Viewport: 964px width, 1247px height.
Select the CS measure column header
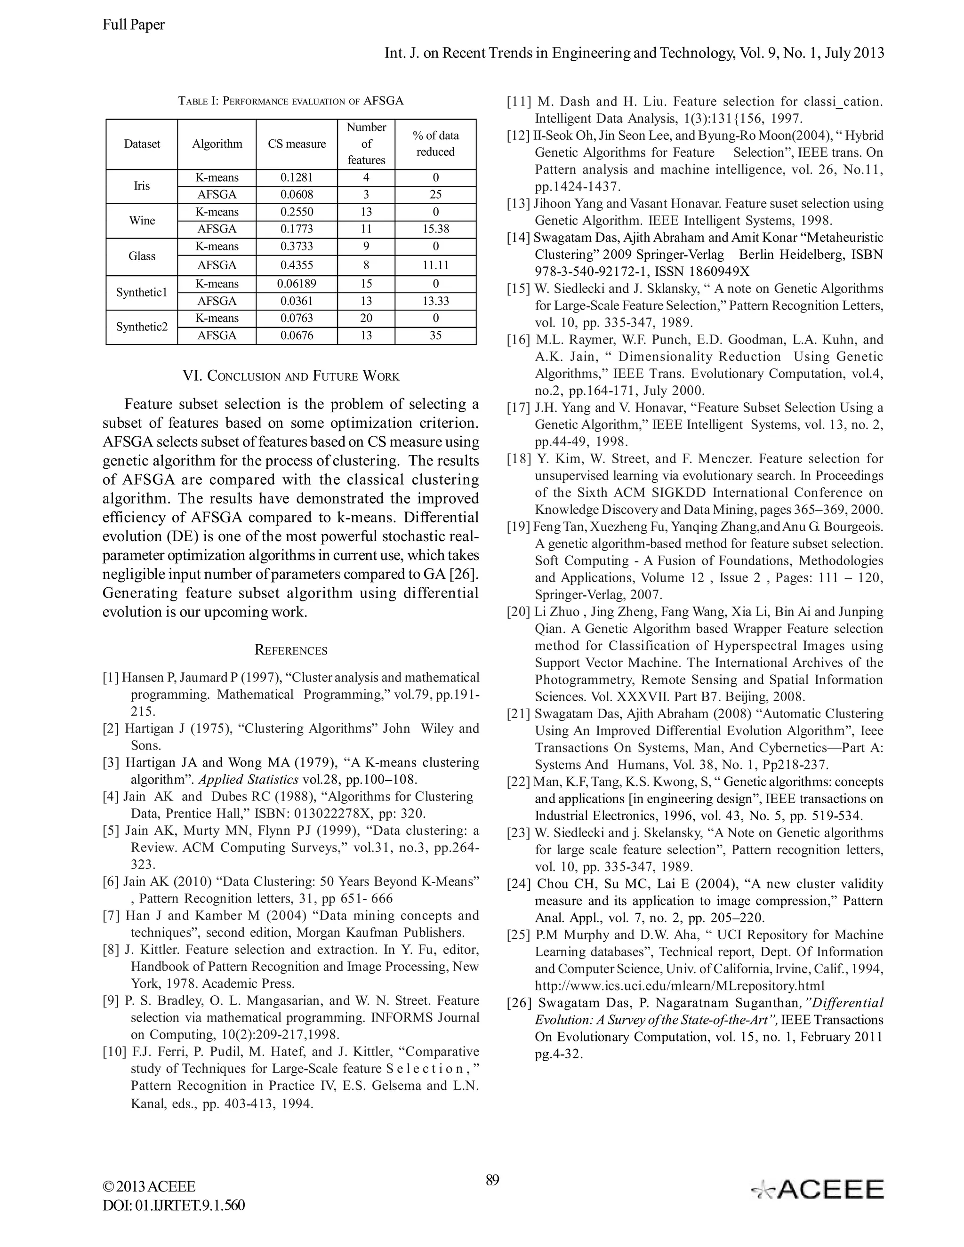point(297,144)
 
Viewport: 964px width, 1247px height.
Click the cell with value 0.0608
point(297,195)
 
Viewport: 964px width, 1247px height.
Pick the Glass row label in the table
point(142,256)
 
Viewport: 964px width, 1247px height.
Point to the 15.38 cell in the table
point(435,229)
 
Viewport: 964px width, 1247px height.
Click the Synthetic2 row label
point(142,327)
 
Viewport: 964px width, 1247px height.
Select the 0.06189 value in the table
point(297,284)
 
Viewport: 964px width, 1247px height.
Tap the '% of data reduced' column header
point(435,144)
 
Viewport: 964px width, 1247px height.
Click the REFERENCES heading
point(291,650)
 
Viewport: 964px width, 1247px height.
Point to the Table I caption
point(291,101)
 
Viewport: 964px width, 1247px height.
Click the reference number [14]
point(519,238)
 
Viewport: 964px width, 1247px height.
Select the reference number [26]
point(519,1003)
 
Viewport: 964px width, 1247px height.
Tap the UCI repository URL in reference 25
point(679,985)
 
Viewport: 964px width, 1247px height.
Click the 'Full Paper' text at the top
point(133,24)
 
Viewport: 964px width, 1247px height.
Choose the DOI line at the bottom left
point(174,1205)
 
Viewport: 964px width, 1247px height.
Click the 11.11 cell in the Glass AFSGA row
point(435,265)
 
